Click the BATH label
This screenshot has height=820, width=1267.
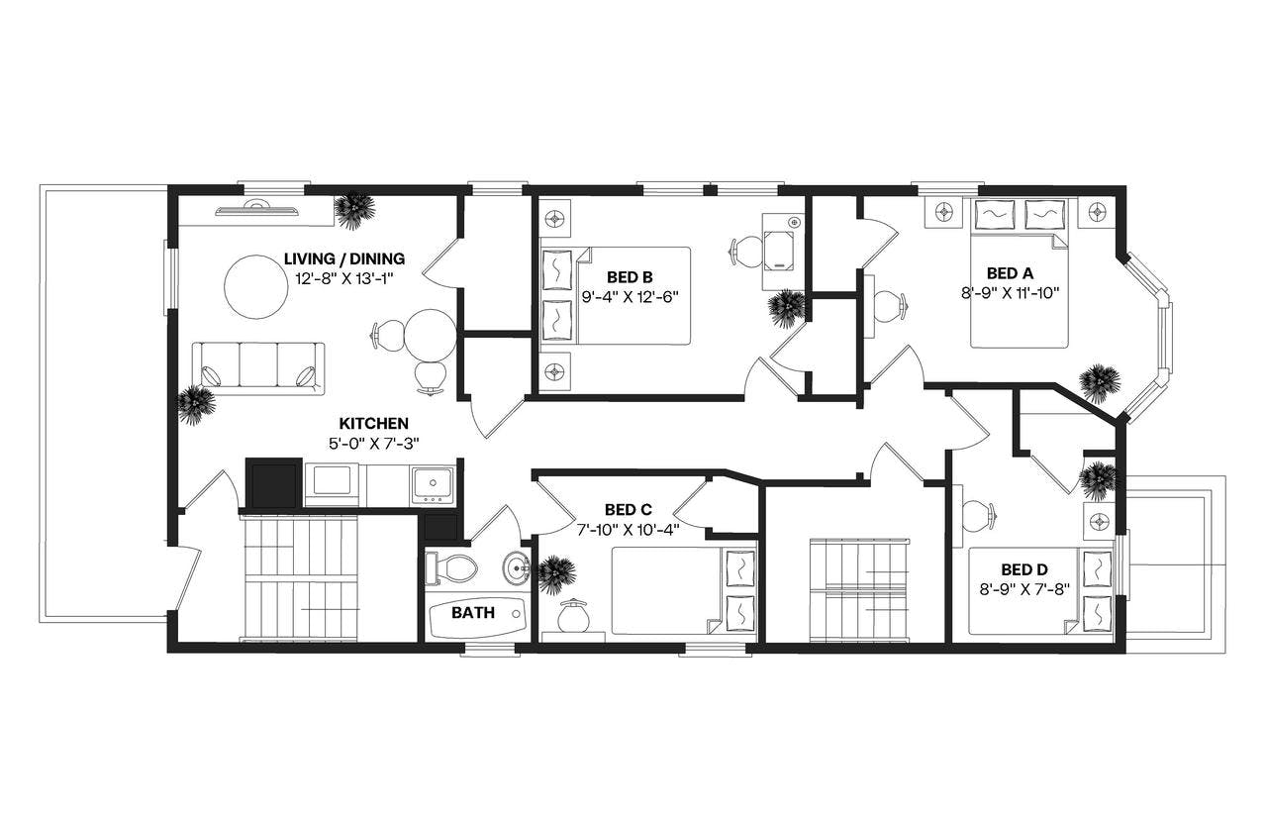tap(473, 613)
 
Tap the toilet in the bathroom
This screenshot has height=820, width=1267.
tap(452, 568)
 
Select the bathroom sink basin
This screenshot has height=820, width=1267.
tap(516, 569)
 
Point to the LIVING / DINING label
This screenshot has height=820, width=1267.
tap(343, 258)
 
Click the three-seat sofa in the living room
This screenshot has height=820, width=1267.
tap(257, 367)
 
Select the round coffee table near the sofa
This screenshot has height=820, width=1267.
tap(256, 287)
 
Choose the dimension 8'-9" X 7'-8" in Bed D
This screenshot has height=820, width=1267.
tap(1023, 588)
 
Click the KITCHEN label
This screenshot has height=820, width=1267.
tap(371, 423)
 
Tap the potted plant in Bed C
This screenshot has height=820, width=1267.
tap(556, 573)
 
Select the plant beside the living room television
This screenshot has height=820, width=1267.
tap(354, 209)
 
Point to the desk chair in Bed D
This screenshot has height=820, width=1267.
tap(975, 515)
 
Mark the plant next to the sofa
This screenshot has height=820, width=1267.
tap(195, 404)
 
